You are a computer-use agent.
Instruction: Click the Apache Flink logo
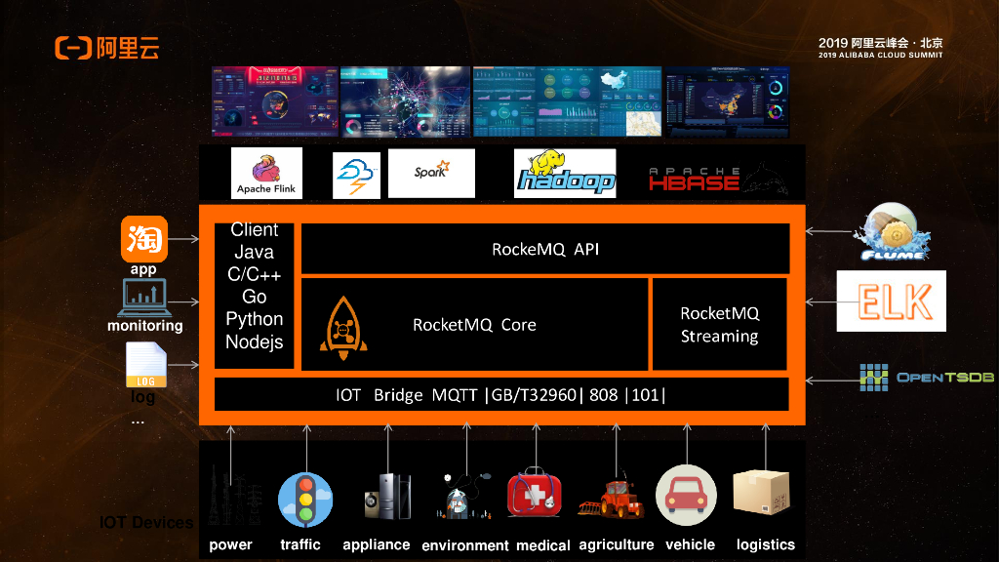(266, 173)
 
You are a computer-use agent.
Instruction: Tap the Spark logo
(430, 173)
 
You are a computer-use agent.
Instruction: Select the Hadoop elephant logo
(566, 174)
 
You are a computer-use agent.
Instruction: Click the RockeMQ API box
(544, 249)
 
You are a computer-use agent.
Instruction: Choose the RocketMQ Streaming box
(718, 324)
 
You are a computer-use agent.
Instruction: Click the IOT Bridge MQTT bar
(500, 394)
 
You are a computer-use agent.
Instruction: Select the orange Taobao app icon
(143, 239)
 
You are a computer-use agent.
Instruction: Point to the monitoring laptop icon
(143, 299)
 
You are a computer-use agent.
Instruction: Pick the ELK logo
(891, 301)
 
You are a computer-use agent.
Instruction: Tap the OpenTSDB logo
(926, 378)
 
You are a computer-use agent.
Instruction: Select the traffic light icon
(304, 500)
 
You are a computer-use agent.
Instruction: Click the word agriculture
(616, 544)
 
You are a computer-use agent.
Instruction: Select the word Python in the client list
(254, 319)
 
